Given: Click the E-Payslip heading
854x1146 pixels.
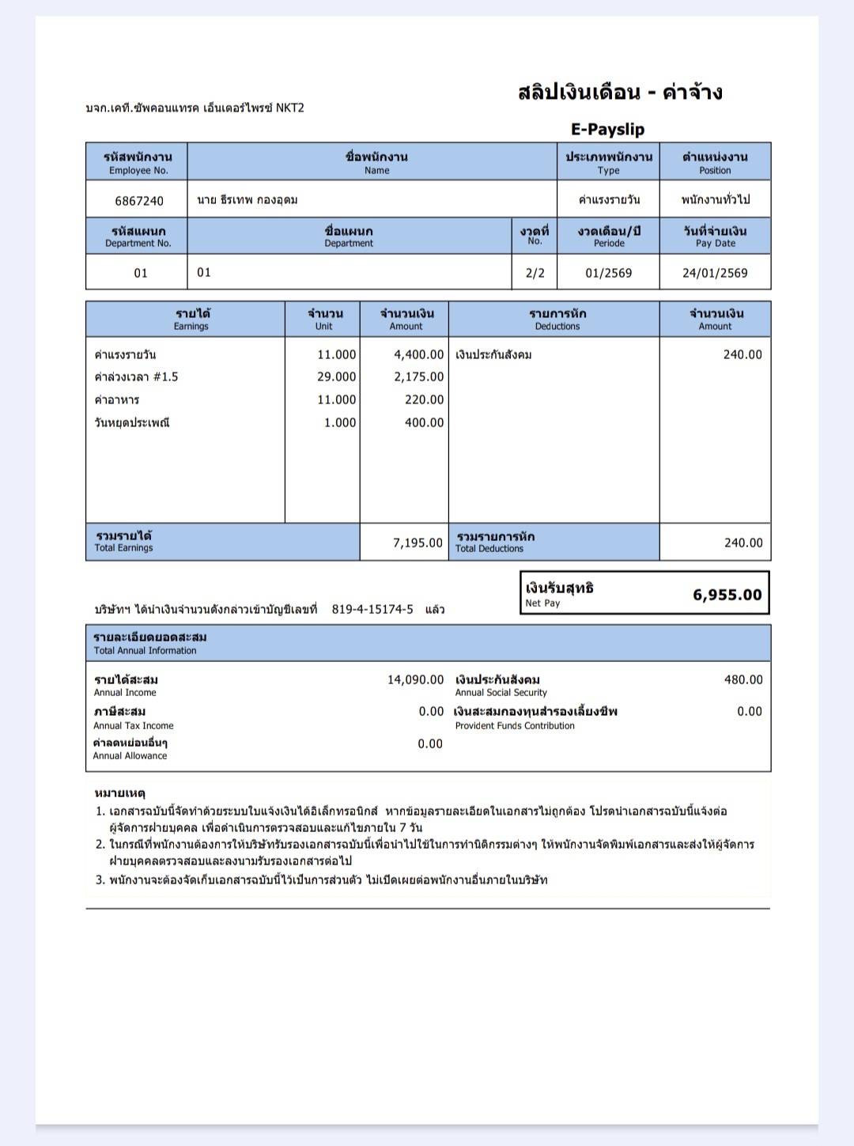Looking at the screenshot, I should [607, 129].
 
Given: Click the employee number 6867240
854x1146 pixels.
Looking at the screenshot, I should [139, 201].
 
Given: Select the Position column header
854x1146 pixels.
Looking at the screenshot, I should [715, 162].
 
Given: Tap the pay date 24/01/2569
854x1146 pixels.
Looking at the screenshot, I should [715, 273].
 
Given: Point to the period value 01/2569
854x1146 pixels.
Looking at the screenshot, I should [608, 273].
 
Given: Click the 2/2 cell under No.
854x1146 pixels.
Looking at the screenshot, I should [535, 273].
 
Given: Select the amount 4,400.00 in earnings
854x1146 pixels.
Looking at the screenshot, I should [419, 354].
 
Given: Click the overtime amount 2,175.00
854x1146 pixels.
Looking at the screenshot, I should [419, 376].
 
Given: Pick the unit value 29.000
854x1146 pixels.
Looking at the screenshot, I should [337, 376].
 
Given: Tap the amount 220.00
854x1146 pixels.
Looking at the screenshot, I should [425, 399].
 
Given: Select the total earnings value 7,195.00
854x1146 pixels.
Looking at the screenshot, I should [418, 543].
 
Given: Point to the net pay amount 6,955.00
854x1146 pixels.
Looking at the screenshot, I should [727, 595].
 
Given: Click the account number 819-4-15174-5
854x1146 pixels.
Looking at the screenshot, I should [372, 609].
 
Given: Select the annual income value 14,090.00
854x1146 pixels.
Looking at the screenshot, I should [415, 679].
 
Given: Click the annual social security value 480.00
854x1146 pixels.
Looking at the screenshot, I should [743, 679].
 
